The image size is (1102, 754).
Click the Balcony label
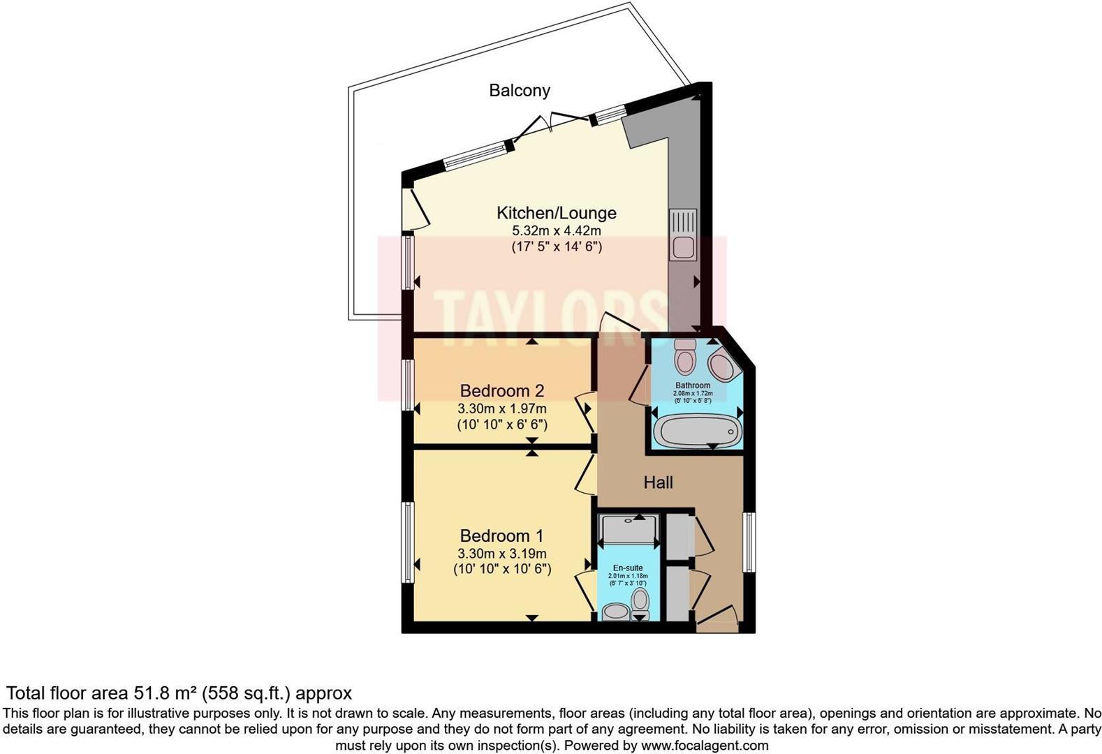click(x=519, y=91)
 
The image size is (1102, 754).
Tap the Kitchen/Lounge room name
click(x=556, y=213)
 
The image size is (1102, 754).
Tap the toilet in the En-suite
click(x=640, y=602)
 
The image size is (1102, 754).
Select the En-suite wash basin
click(x=615, y=612)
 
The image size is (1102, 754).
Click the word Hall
click(x=658, y=482)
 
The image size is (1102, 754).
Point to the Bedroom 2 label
click(x=501, y=391)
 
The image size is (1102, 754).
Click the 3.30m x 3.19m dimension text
click(x=501, y=554)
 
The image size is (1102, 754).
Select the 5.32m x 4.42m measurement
click(x=556, y=231)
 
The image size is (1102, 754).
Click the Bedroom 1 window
click(x=406, y=542)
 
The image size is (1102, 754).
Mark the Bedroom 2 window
click(x=406, y=385)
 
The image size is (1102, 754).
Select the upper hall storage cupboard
click(x=677, y=535)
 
